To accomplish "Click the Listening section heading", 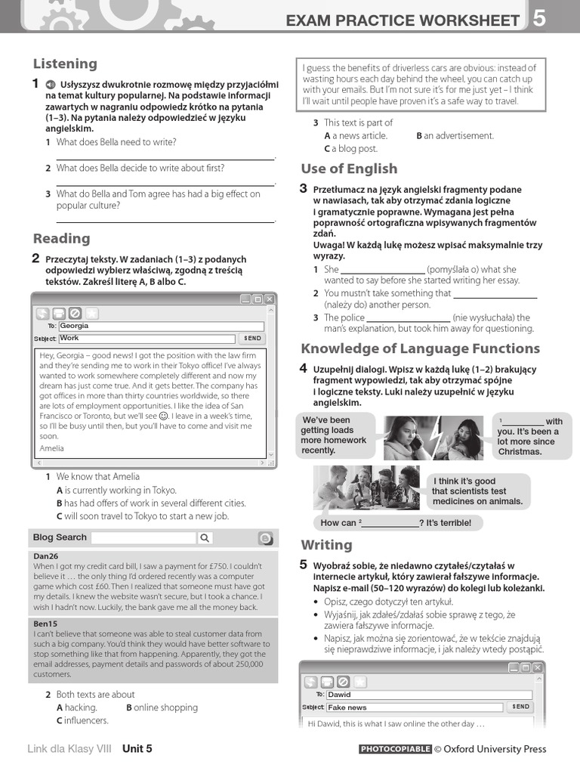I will coord(65,63).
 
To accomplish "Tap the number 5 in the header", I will coord(539,19).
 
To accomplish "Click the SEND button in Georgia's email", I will coord(252,339).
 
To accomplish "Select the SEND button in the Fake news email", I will coord(520,707).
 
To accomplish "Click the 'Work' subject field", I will coord(147,338).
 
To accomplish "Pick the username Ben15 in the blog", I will coord(45,624).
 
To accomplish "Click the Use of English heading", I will coord(349,169).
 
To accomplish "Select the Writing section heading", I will coord(326,545).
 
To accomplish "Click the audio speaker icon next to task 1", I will coord(49,85).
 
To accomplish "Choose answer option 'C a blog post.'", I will coord(350,148).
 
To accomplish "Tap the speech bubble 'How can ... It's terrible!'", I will coord(396,522).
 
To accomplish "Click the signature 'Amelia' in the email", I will coord(52,448).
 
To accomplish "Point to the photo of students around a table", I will coord(366,488).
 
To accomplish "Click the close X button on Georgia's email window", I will coord(270,299).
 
